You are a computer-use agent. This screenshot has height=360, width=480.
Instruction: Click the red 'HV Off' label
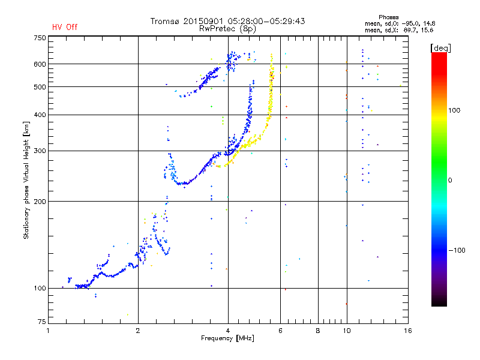click(65, 27)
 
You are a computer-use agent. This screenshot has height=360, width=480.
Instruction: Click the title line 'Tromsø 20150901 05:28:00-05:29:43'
click(227, 21)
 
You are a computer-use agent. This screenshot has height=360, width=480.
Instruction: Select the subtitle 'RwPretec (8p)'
click(227, 28)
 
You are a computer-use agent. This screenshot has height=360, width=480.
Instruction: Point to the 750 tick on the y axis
click(40, 38)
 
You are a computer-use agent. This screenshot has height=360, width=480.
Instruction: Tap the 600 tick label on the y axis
click(40, 64)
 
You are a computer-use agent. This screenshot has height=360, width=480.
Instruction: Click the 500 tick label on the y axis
click(40, 87)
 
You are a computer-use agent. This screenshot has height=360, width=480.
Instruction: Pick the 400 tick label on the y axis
click(40, 115)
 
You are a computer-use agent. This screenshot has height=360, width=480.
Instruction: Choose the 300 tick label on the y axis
click(40, 151)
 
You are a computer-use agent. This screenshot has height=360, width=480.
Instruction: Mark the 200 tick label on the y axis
click(40, 202)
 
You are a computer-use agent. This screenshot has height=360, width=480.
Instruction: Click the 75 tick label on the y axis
click(41, 323)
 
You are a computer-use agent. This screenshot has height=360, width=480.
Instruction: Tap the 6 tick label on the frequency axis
click(280, 331)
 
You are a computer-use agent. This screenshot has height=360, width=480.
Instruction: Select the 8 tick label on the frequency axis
click(318, 331)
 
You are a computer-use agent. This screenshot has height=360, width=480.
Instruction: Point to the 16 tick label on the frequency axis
click(407, 331)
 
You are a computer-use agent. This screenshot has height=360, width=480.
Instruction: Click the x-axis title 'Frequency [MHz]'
click(227, 339)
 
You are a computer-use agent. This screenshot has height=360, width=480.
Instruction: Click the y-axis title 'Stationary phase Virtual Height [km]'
click(26, 180)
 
